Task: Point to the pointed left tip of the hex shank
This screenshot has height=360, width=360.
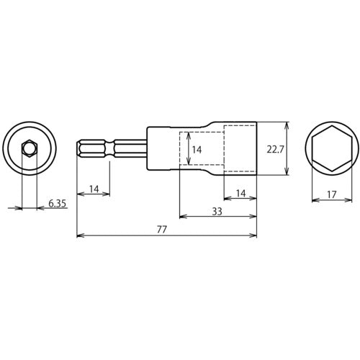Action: pyautogui.click(x=77, y=150)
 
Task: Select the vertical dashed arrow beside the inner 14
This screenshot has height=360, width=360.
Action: pyautogui.click(x=184, y=150)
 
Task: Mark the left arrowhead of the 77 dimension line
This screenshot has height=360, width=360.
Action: pyautogui.click(x=79, y=235)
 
